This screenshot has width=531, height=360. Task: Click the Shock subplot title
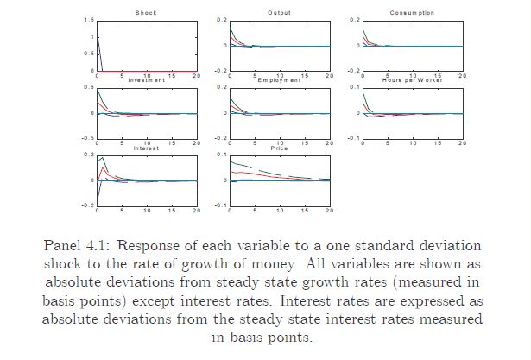tap(146, 13)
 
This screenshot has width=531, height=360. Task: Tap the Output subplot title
tap(280, 13)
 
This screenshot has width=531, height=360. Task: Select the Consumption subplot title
tap(412, 13)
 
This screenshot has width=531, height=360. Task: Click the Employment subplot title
tap(280, 80)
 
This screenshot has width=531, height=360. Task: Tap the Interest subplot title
tap(146, 148)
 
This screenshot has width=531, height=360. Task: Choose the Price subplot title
tap(280, 148)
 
